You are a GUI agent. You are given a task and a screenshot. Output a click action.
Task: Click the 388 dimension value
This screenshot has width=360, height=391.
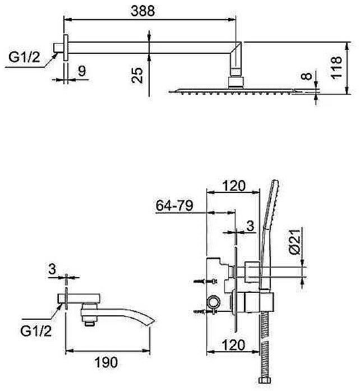142,11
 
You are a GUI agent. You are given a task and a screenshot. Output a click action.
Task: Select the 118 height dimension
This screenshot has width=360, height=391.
336,67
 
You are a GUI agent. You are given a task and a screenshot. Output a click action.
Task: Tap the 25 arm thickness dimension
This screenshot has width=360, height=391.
137,75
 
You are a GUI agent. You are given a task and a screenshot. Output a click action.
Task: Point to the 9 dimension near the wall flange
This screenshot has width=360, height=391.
82,71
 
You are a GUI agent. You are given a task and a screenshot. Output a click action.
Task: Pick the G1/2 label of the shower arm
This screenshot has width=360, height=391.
24,57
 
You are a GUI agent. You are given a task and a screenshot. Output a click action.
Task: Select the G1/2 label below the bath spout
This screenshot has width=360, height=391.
36,331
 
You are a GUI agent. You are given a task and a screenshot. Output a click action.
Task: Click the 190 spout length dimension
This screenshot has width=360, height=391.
106,362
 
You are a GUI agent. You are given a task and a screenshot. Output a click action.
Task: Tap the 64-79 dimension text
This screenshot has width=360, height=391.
174,206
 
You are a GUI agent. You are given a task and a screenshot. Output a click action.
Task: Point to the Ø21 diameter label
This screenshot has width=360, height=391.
296,242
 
